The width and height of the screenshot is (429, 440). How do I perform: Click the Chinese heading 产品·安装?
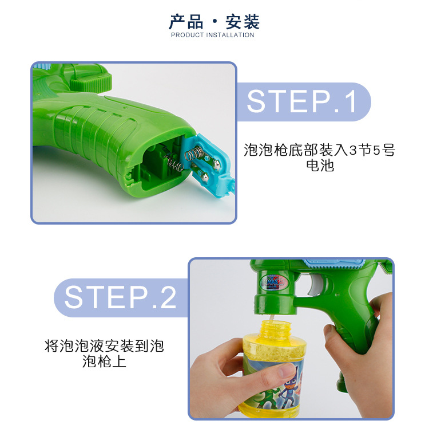click(214, 21)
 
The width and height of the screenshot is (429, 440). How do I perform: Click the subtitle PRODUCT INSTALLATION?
click(213, 36)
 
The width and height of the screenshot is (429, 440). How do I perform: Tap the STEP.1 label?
click(301, 101)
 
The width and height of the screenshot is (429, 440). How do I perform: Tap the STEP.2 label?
click(121, 297)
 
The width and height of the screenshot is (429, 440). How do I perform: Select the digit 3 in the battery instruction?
click(353, 151)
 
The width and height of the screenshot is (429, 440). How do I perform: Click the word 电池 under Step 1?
click(320, 166)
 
